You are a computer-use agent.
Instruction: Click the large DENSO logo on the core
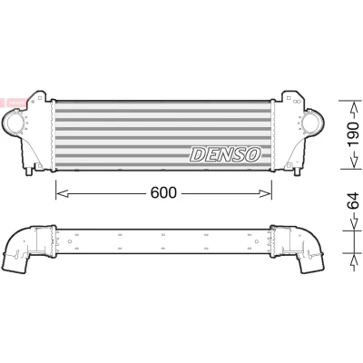(225, 154)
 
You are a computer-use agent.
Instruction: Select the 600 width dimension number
(163, 192)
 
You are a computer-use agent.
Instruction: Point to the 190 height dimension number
(353, 134)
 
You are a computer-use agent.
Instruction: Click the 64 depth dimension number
(353, 201)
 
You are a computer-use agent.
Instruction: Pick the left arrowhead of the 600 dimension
(63, 193)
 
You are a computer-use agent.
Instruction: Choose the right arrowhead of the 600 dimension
(265, 193)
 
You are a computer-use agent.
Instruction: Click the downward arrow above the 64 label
(353, 222)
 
